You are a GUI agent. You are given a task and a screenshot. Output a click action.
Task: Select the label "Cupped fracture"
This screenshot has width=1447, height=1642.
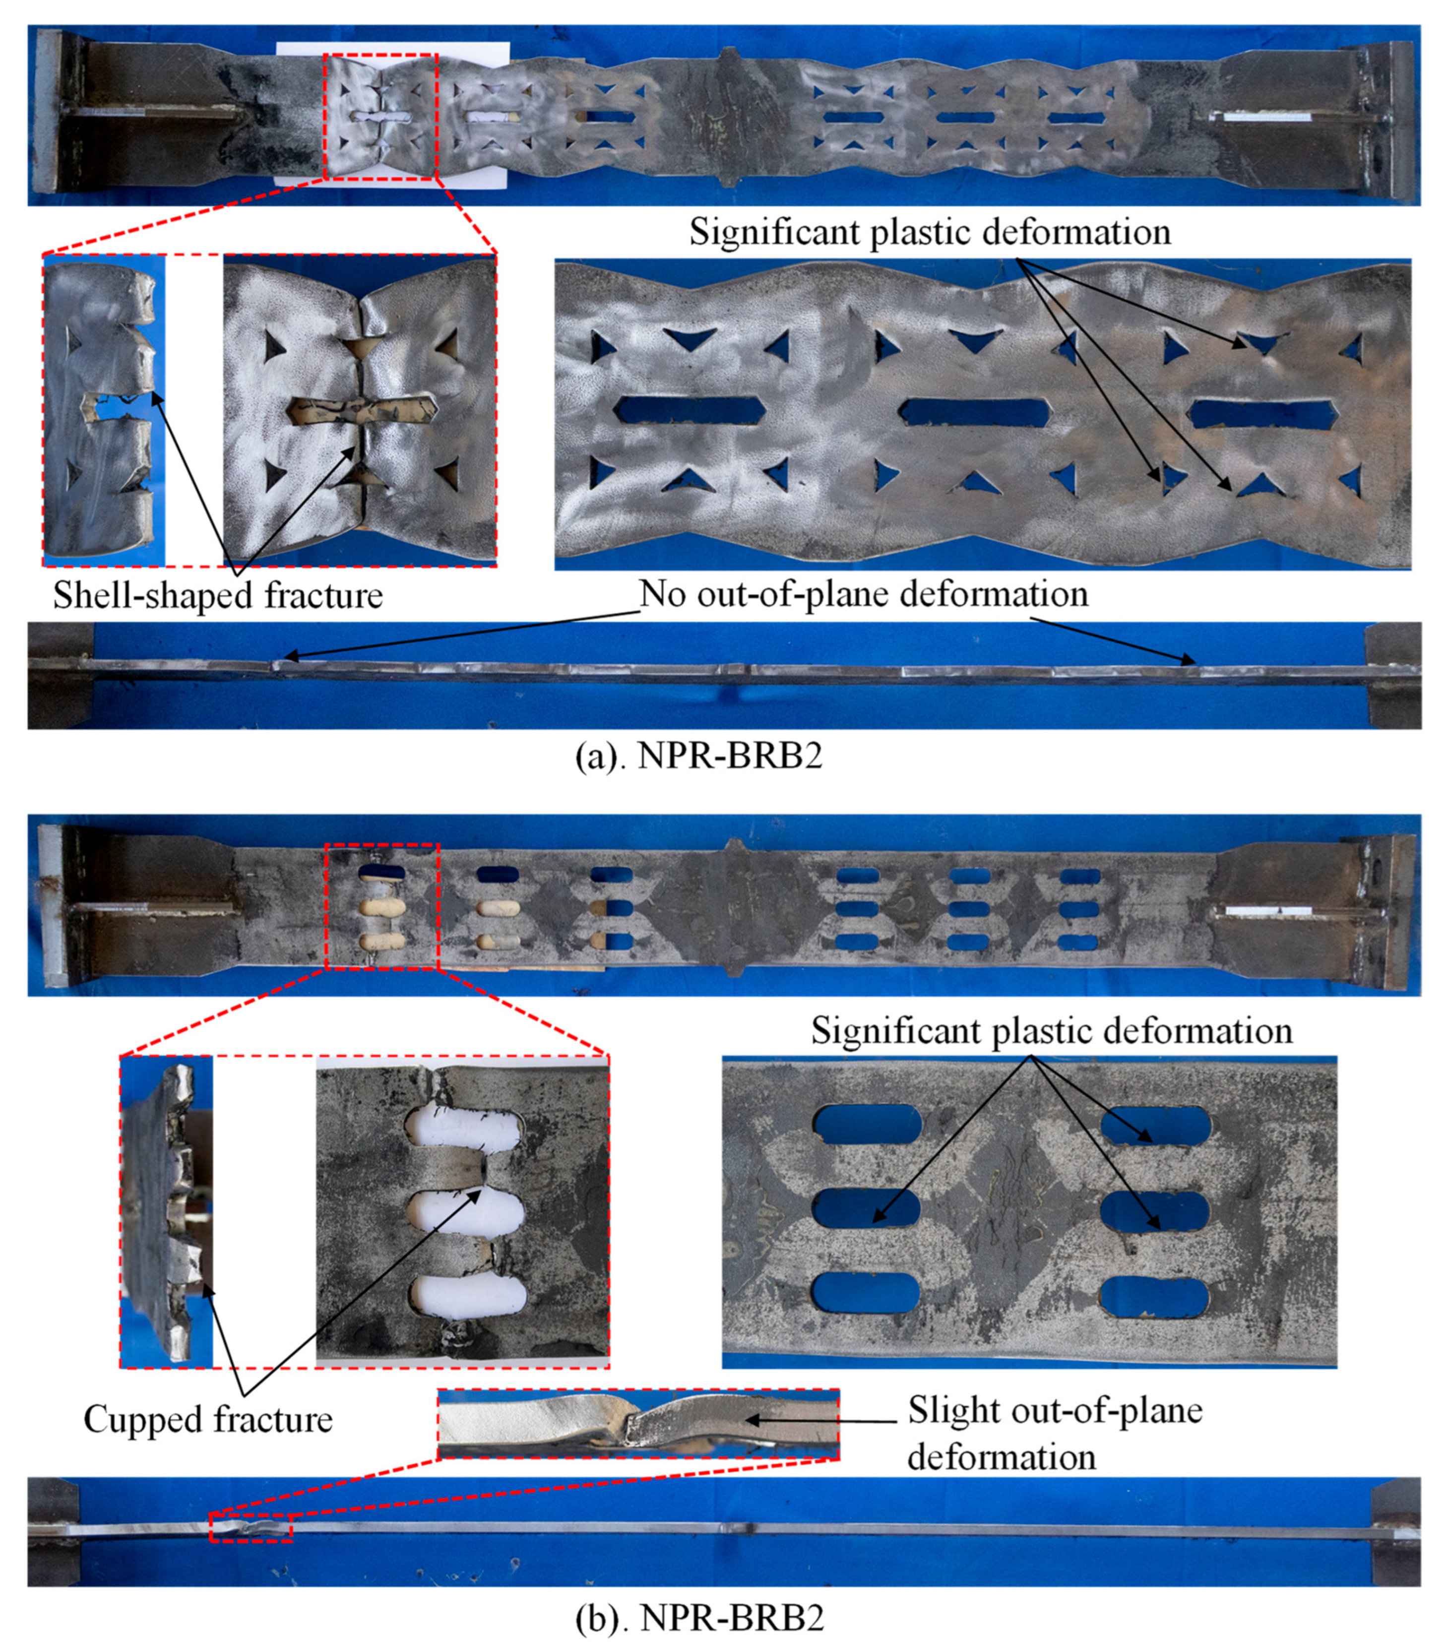click(208, 1419)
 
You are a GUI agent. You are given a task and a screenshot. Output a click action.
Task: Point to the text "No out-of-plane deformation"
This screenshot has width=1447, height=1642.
click(864, 594)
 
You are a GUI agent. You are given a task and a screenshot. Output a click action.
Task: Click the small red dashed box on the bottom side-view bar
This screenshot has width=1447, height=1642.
click(251, 1526)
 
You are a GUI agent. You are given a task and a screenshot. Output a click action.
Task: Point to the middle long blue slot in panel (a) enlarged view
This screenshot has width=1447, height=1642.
click(973, 411)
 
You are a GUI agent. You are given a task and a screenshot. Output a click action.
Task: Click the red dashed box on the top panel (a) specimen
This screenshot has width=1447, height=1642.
click(380, 117)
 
